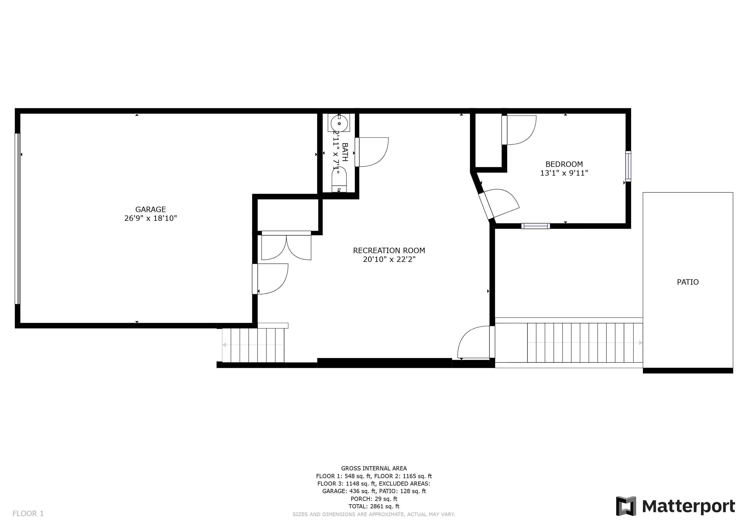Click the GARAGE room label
click(151, 209)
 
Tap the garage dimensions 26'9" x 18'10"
click(151, 218)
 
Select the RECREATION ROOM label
click(389, 251)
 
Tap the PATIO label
click(688, 282)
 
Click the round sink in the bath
click(339, 123)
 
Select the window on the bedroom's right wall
click(628, 166)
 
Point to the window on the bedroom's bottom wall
click(536, 226)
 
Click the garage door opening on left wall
click(18, 219)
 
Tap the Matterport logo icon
click(626, 506)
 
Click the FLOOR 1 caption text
click(28, 514)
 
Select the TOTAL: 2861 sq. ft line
click(374, 507)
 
